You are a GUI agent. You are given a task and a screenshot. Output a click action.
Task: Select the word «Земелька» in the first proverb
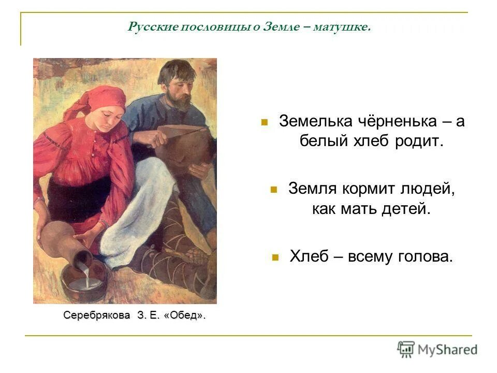(314, 121)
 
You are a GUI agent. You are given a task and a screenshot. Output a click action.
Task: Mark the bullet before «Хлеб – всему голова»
(275, 256)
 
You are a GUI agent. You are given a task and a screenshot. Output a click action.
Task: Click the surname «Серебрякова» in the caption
(97, 315)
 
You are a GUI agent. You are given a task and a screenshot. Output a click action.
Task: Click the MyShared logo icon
(406, 349)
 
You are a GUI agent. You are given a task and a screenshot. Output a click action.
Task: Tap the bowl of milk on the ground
(82, 282)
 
